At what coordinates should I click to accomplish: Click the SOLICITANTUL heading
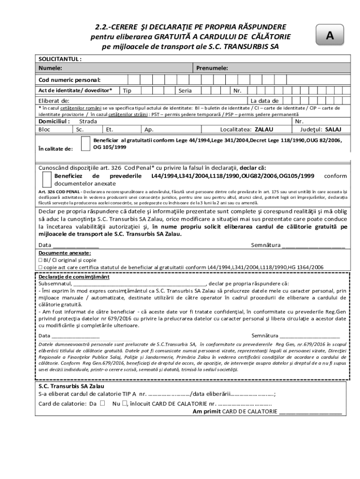click(x=60, y=59)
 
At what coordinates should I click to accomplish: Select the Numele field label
click(x=50, y=68)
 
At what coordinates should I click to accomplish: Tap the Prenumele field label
click(x=212, y=68)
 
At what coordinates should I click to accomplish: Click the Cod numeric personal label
click(x=69, y=80)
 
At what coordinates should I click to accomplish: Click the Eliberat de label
click(x=54, y=101)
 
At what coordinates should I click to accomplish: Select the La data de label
click(x=265, y=101)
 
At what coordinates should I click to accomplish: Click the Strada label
click(x=88, y=121)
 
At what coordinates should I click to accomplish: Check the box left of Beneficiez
click(x=47, y=180)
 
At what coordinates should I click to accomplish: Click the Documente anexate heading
click(x=65, y=253)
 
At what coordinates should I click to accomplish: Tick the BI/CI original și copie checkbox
click(x=41, y=260)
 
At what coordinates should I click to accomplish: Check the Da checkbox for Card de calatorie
click(x=102, y=403)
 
